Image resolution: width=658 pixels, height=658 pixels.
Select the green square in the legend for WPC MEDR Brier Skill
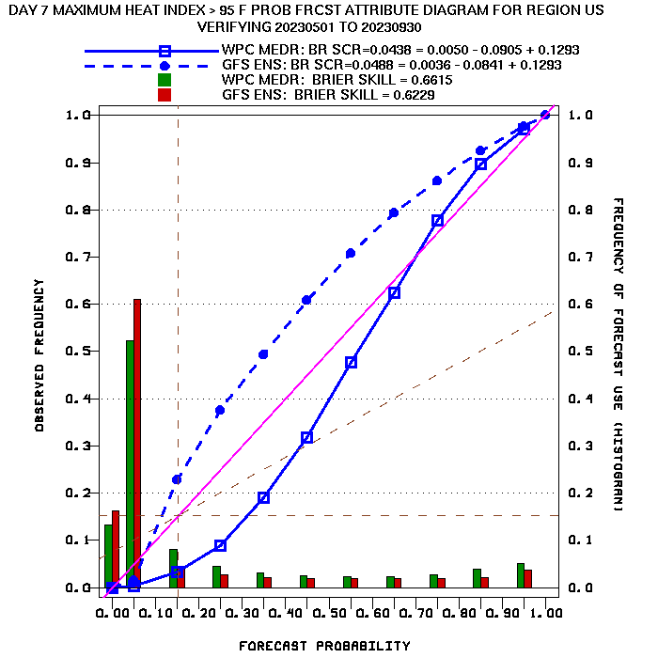(x=164, y=80)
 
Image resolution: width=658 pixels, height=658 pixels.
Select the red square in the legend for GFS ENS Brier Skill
(x=164, y=95)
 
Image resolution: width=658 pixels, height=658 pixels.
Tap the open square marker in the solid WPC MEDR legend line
(x=164, y=51)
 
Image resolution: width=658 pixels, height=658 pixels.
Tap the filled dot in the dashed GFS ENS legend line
(x=164, y=66)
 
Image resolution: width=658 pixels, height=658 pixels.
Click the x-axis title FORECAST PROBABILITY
(x=324, y=646)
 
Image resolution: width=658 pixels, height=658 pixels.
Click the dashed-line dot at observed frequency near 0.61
(x=306, y=300)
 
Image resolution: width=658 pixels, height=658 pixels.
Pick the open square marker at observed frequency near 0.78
(x=437, y=220)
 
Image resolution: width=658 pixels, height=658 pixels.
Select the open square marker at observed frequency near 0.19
(x=263, y=497)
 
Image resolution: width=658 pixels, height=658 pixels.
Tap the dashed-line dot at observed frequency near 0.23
(x=177, y=479)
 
